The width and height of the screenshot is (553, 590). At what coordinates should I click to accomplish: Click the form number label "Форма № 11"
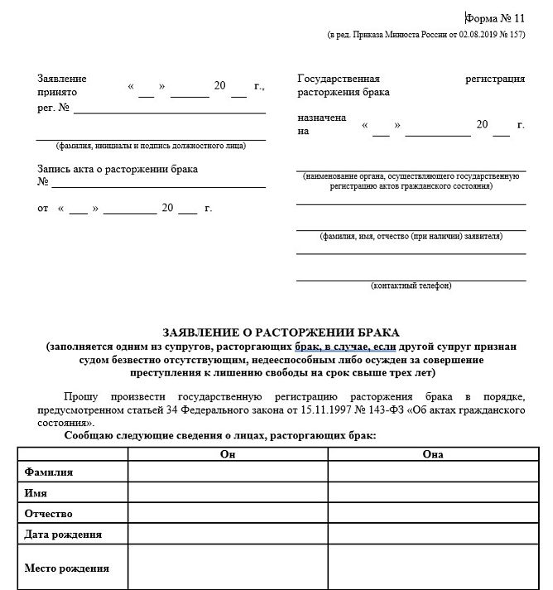coord(495,17)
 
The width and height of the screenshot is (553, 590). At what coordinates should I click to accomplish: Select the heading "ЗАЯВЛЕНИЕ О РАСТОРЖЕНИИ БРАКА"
coord(281,333)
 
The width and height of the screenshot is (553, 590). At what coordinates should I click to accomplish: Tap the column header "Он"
coord(228,454)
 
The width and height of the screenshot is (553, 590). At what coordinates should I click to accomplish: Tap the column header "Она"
coord(433,454)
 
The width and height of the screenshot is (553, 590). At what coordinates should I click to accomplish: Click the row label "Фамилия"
coord(49,472)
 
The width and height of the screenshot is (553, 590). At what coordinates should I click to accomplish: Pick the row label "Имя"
coord(36,492)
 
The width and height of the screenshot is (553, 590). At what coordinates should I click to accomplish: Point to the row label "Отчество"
coord(49,513)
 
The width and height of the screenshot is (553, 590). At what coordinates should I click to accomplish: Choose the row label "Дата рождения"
coord(64,534)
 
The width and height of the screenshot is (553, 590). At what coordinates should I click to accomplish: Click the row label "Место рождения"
coord(67,568)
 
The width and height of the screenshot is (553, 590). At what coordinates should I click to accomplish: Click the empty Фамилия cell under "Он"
coord(228,472)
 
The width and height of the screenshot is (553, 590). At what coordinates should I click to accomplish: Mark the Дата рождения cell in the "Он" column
coord(228,534)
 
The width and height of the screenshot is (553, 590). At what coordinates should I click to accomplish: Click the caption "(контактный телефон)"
coord(411,286)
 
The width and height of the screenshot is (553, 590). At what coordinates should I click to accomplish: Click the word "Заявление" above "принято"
coord(62,79)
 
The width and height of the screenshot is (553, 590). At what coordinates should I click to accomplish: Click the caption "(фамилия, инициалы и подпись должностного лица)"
coord(151,146)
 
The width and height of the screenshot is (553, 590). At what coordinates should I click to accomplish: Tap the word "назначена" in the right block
coord(322,118)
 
